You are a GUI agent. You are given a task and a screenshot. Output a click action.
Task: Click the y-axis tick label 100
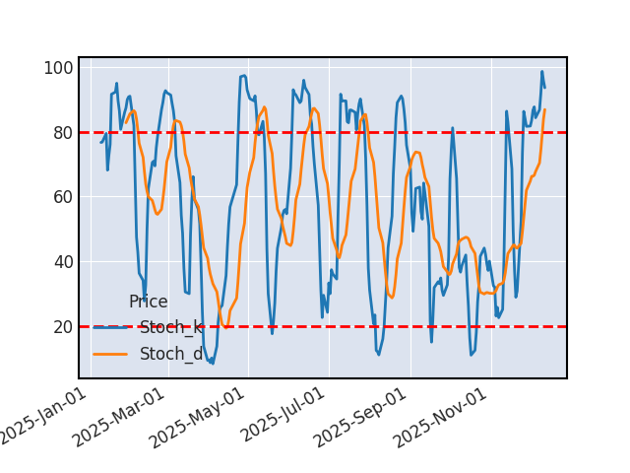coord(58,68)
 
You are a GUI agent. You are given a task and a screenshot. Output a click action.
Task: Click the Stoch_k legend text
coord(171,328)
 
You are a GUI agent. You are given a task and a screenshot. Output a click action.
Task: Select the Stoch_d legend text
coord(171,354)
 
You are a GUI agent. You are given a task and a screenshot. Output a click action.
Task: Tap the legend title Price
coord(149,303)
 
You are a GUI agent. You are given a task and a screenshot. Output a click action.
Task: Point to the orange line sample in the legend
coord(111,354)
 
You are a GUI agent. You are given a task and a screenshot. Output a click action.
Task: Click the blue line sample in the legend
coord(111,328)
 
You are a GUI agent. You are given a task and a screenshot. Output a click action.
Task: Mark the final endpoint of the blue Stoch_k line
coord(544,88)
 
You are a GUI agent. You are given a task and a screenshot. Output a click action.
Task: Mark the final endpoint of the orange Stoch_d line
coord(544,109)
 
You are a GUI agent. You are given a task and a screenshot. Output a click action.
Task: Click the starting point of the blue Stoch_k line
coord(100,142)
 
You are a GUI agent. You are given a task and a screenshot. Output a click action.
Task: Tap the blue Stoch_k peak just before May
coord(244,76)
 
